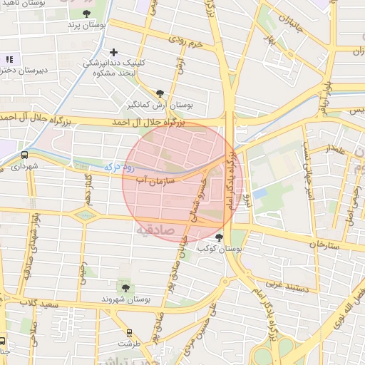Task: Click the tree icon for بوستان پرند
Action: (86, 14)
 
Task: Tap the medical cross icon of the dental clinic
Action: (113, 52)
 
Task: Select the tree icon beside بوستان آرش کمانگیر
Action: (160, 93)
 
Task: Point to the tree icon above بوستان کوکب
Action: (218, 237)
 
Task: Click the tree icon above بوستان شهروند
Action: (125, 287)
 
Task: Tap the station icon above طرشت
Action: (129, 332)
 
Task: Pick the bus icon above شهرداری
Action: (25, 155)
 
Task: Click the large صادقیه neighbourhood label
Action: (153, 230)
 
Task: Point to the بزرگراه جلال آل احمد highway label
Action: (148, 123)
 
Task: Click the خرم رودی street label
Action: (187, 41)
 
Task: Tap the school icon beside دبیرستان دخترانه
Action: (9, 59)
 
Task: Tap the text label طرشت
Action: (130, 344)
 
